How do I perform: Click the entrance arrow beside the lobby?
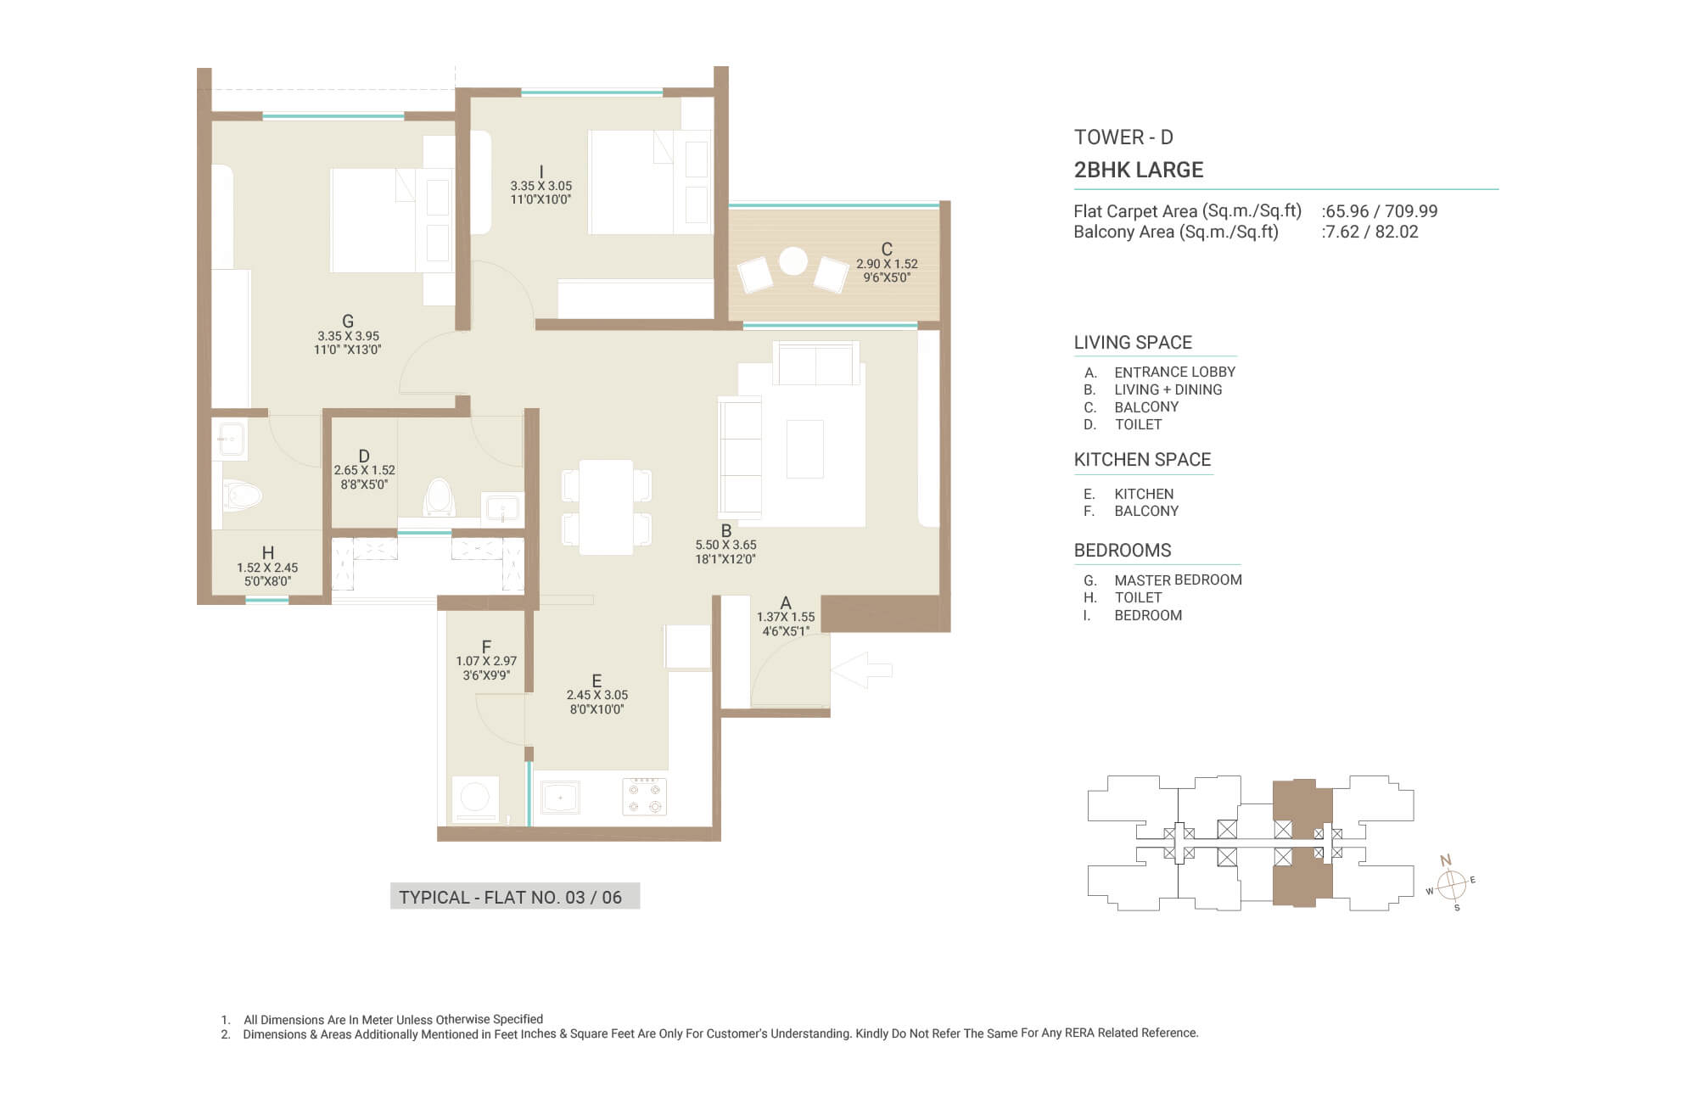tap(861, 669)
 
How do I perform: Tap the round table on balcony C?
tap(793, 260)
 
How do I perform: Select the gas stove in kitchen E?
tap(644, 797)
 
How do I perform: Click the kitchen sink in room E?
tap(560, 798)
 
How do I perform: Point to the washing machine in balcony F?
tap(474, 798)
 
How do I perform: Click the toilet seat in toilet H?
tap(243, 496)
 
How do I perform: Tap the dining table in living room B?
tap(606, 507)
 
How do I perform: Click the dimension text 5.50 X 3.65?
tap(725, 545)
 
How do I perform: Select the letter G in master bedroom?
tap(348, 321)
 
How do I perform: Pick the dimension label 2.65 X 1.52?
tap(364, 470)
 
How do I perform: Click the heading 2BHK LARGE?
tap(1139, 170)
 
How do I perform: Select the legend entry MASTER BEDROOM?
tap(1178, 580)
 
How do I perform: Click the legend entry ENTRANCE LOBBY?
tap(1174, 372)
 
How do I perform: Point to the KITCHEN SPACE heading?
tap(1142, 460)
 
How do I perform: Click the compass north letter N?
tap(1446, 860)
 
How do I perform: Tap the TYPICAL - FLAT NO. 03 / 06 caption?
tap(511, 898)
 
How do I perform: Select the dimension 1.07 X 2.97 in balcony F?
tap(486, 661)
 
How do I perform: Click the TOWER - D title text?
tap(1123, 137)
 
